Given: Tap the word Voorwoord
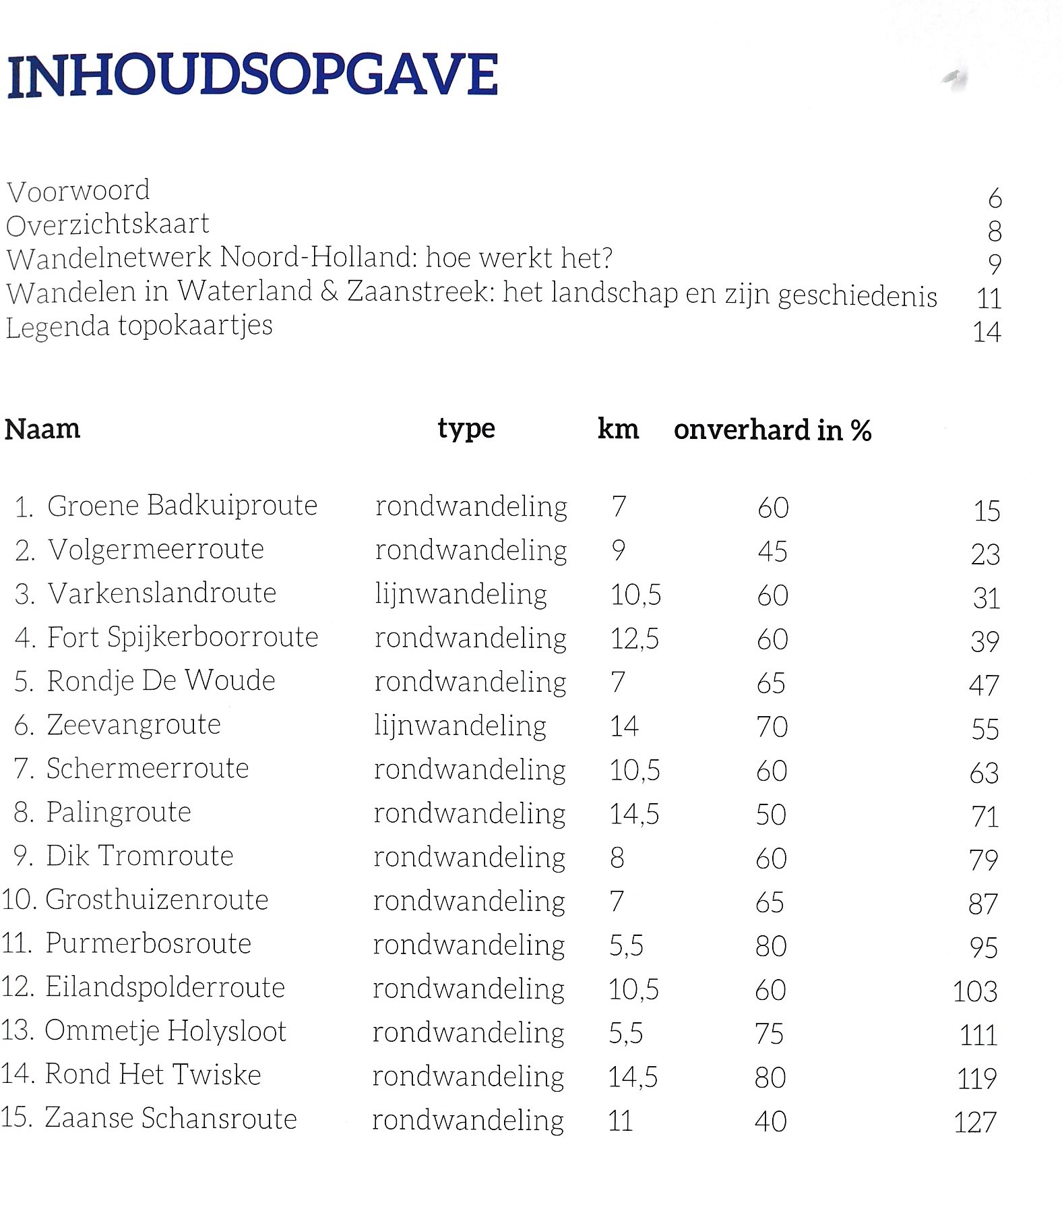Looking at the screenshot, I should (78, 191).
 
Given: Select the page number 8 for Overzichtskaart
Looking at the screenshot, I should (994, 231).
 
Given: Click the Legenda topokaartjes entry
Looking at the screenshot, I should (139, 326).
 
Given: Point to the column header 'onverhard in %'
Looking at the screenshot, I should (772, 430).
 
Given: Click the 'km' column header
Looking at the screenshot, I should (618, 429).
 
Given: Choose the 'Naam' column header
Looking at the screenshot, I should (42, 429).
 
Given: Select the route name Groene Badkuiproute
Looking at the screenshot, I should (182, 506).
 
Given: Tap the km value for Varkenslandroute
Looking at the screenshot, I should (635, 595).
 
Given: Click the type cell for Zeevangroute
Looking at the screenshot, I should (460, 726).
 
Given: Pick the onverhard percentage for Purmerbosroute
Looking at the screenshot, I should (771, 946).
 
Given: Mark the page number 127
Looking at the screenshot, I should (975, 1123).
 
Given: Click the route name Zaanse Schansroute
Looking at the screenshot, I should (170, 1118).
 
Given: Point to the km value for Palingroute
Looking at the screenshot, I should (634, 815).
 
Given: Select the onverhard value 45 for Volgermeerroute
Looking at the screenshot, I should (772, 552).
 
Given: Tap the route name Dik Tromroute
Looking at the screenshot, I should (139, 856).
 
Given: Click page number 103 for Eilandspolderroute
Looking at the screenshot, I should (975, 991).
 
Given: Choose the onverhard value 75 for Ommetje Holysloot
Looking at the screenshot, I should (770, 1034).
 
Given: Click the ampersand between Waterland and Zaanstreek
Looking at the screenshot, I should (330, 291).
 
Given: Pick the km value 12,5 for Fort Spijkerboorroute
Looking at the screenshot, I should (635, 639).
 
